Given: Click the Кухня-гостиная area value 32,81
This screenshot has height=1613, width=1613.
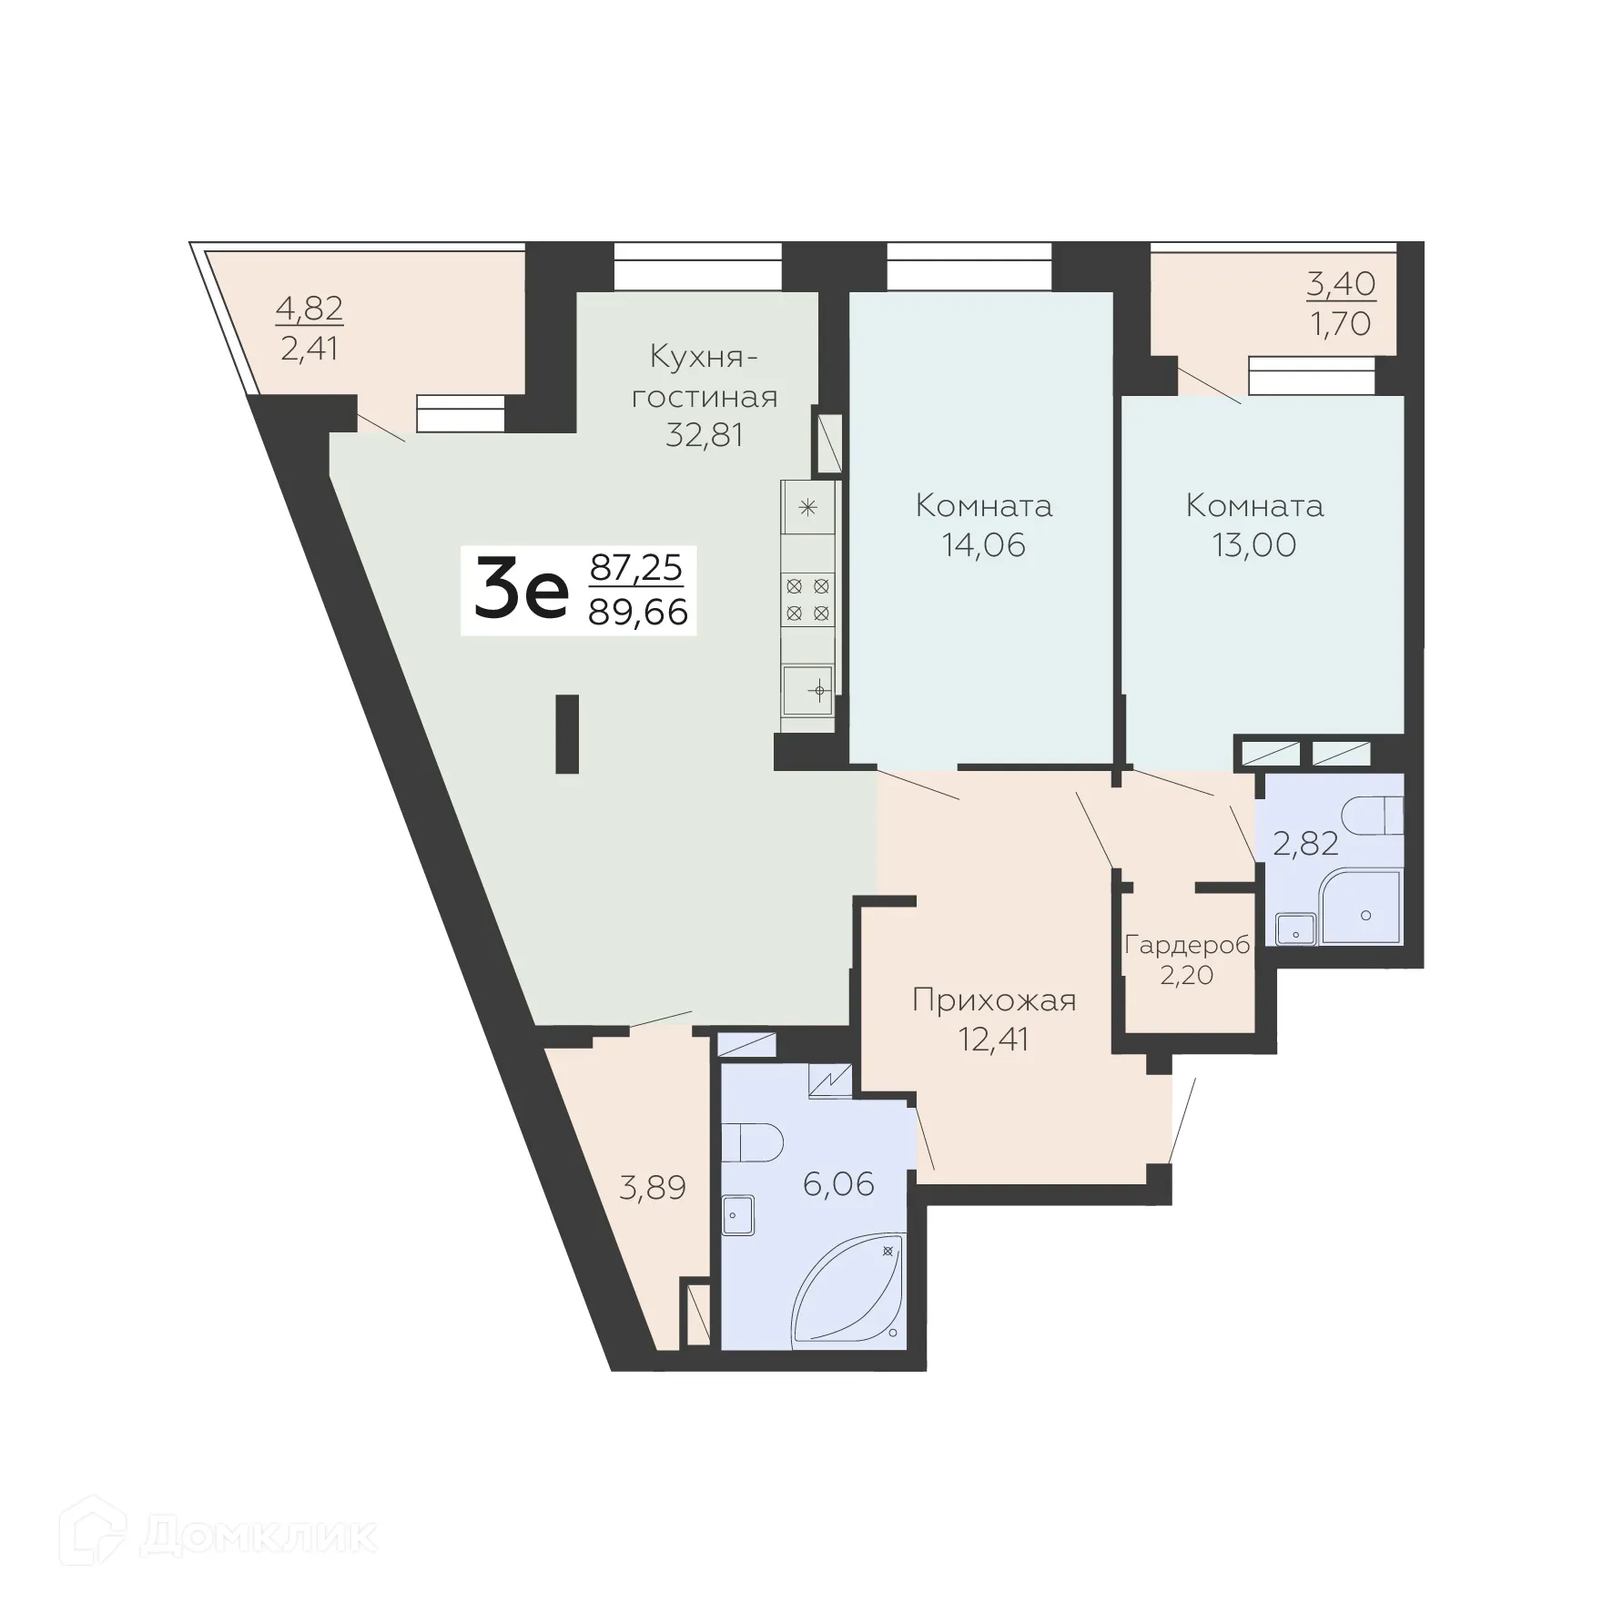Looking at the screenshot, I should (704, 435).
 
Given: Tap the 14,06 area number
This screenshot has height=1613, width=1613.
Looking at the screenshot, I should (983, 544).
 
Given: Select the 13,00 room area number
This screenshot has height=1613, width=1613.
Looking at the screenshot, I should (1253, 544).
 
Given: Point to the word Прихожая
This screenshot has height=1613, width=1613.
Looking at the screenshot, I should (994, 1000).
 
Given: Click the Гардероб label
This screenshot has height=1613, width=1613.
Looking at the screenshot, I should (1187, 944).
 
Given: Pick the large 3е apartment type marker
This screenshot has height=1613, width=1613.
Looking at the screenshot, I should (521, 591).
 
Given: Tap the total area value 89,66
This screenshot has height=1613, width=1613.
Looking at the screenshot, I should (638, 613).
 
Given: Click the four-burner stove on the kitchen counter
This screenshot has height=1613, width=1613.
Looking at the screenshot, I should (807, 599).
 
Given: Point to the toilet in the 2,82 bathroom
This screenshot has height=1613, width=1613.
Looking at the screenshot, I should (1376, 815).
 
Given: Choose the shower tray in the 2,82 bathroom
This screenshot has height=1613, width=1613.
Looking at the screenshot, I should (1362, 908).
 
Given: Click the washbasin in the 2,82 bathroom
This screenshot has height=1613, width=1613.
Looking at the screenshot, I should (1293, 929).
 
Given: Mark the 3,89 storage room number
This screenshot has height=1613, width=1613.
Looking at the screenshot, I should (652, 1187).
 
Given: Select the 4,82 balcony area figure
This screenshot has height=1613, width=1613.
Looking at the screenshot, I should (309, 309).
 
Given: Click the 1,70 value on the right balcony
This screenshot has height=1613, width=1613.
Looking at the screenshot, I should (1340, 323).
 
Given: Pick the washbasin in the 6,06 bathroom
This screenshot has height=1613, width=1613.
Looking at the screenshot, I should (738, 1216).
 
